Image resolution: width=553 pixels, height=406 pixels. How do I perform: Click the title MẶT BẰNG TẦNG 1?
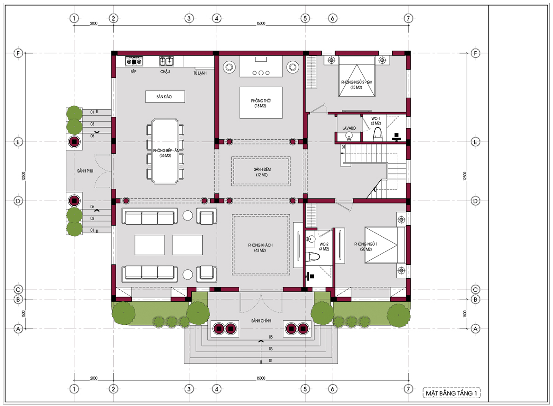451,393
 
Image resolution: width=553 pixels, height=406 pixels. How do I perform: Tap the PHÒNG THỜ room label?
261,101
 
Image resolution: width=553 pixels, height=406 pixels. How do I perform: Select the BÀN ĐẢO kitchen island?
165,96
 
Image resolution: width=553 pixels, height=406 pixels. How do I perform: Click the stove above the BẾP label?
134,61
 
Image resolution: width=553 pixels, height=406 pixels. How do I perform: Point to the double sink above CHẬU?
166,61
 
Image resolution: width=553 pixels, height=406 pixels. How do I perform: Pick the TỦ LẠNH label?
200,73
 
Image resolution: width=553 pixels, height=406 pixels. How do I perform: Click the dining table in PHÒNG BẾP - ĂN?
165,151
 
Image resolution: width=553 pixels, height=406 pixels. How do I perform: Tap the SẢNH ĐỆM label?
262,169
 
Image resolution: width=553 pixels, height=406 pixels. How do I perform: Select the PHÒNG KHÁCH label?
260,245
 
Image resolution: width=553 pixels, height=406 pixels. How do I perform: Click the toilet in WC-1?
377,135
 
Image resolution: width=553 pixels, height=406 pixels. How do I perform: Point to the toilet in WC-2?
312,257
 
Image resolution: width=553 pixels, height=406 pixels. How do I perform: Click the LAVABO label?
349,128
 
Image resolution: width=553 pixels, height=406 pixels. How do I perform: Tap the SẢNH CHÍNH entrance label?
261,321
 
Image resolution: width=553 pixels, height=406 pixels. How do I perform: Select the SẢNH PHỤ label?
85,171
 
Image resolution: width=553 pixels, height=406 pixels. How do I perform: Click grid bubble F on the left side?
18,53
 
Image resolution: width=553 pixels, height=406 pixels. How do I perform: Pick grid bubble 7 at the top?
408,18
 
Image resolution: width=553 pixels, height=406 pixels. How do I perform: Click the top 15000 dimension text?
261,24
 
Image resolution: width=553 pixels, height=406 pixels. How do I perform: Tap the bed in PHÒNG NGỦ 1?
385,245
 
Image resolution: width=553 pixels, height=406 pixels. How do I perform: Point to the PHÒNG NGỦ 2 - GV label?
357,82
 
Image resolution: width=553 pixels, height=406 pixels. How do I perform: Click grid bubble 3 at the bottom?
189,389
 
